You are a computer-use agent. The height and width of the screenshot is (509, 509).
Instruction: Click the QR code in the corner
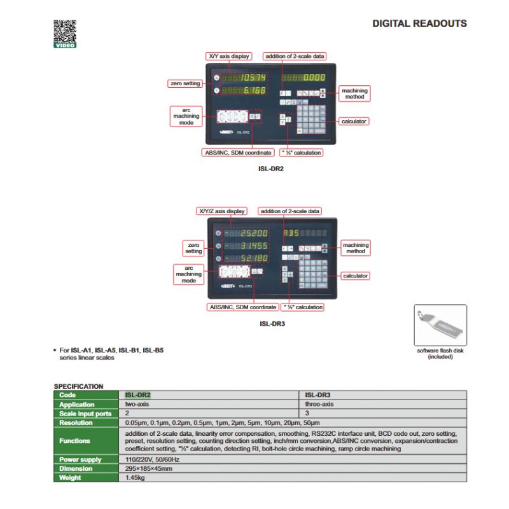(64, 31)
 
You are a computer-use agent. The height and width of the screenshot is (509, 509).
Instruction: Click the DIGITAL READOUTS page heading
(419, 24)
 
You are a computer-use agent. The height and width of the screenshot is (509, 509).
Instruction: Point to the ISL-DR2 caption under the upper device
(270, 169)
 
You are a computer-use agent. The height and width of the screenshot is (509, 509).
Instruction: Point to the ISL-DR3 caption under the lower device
(272, 323)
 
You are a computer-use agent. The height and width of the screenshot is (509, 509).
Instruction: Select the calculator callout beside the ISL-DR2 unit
(354, 121)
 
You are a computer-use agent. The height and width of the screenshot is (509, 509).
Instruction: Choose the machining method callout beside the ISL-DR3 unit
(355, 248)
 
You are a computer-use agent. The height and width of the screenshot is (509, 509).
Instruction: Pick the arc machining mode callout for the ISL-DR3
(189, 274)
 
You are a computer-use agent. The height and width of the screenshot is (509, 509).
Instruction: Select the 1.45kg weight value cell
(136, 477)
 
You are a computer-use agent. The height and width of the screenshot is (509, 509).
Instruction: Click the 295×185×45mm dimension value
(149, 468)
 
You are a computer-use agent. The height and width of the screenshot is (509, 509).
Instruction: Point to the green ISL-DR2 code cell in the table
(138, 395)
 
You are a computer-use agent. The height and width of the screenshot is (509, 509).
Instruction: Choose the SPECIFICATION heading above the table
(78, 386)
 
